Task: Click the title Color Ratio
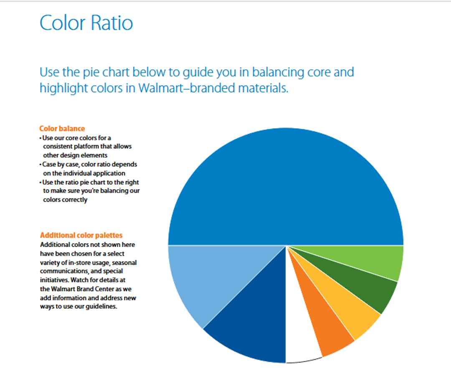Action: pos(86,23)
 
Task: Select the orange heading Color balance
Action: pos(62,129)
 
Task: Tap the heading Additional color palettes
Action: pos(81,235)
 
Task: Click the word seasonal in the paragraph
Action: pos(124,263)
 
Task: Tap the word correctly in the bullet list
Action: pos(65,200)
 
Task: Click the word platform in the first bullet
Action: pos(86,147)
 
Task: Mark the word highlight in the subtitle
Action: pos(63,88)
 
